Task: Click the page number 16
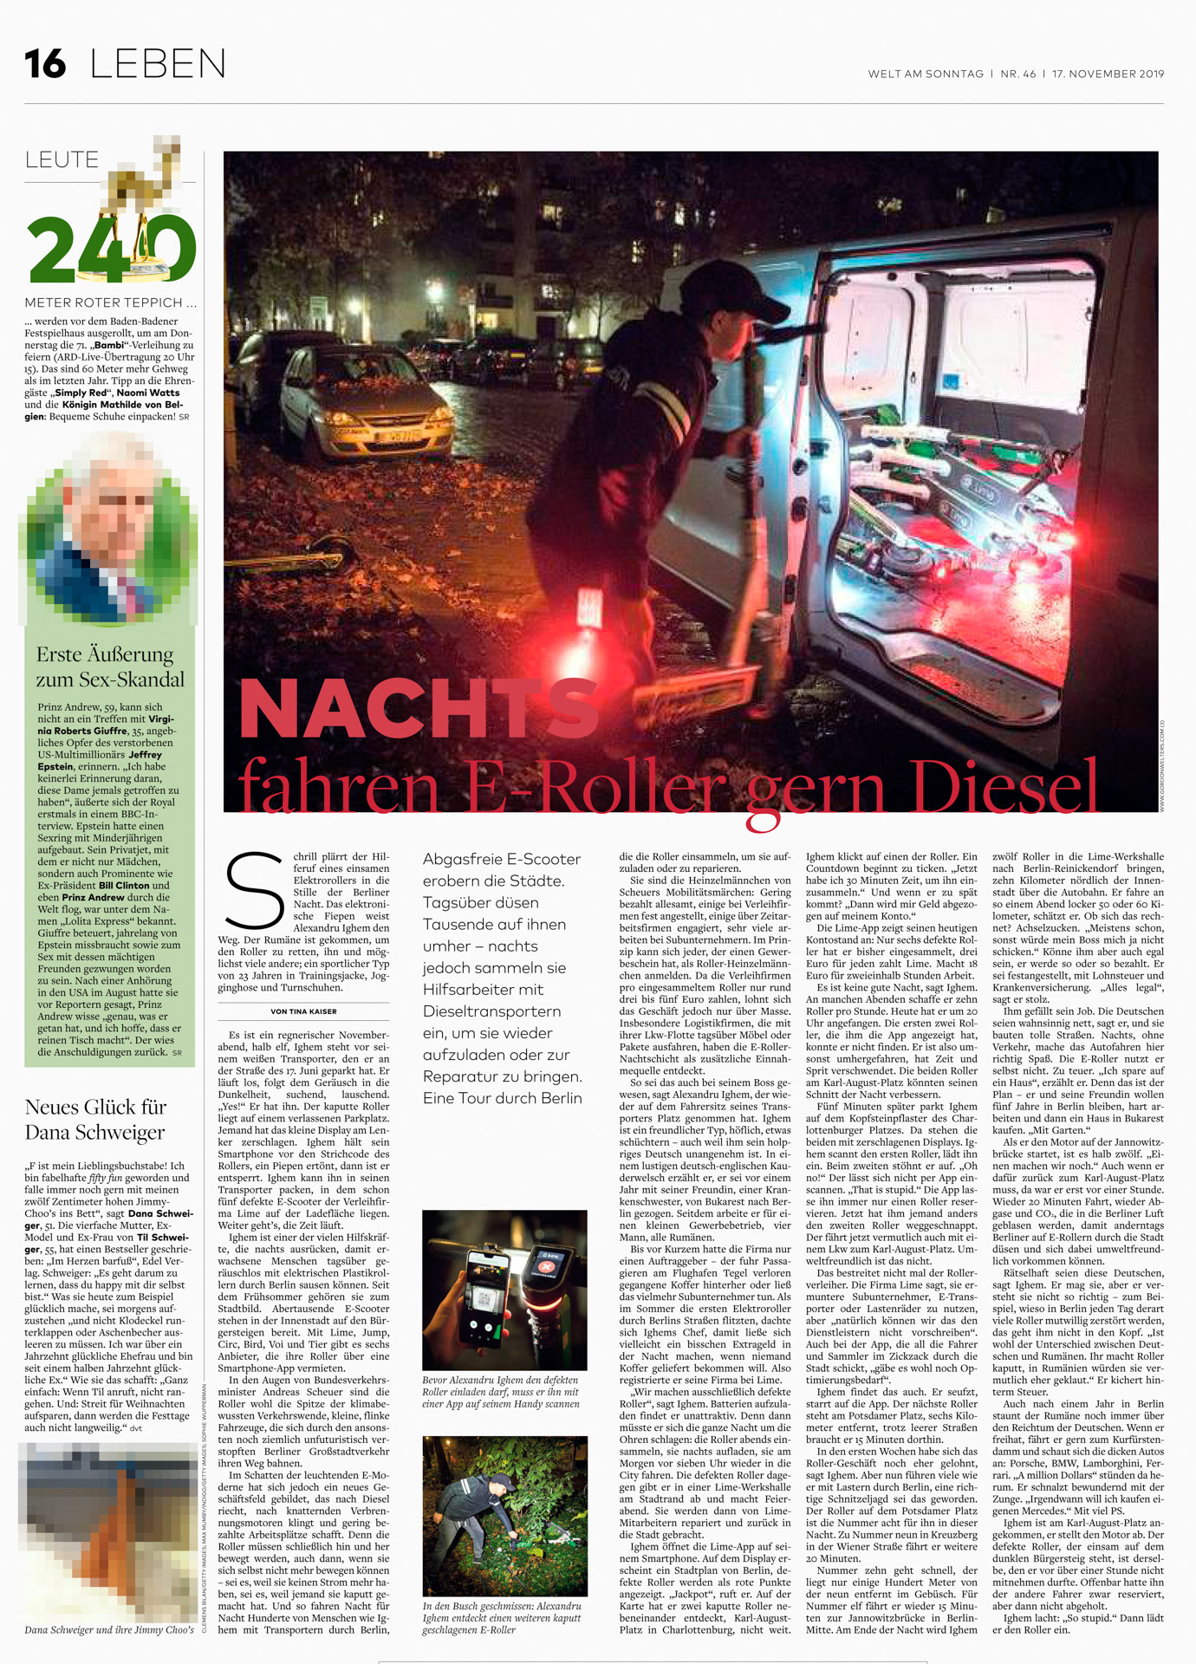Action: coord(45,64)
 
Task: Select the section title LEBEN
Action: coord(158,64)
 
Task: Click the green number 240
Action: coord(111,250)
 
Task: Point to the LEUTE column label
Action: coord(62,160)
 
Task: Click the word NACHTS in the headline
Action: coord(418,709)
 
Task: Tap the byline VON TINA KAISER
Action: coord(303,1011)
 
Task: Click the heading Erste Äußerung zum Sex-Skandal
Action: coord(110,666)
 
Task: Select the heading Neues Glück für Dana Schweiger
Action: coord(95,1119)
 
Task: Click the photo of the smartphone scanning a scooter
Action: coord(504,1290)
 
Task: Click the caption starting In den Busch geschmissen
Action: coord(502,1618)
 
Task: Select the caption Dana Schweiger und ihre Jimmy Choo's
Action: coord(109,1629)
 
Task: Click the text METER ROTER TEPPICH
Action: coord(110,302)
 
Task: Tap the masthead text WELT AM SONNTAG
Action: coord(926,75)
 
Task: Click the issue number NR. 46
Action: coord(1017,75)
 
